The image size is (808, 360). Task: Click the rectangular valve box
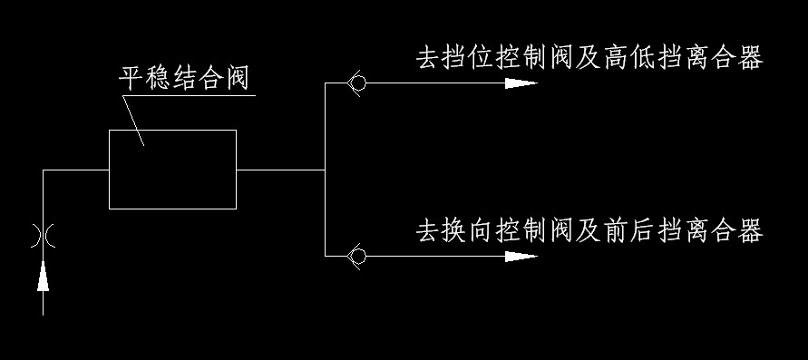[172, 169]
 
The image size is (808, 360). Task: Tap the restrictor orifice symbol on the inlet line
[43, 234]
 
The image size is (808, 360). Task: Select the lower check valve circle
[357, 257]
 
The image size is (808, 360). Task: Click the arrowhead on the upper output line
[521, 83]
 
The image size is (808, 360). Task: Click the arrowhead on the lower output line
[521, 257]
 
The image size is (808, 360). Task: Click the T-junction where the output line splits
[325, 170]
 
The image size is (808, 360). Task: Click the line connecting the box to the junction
[280, 170]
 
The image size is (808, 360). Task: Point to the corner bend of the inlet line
[44, 170]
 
